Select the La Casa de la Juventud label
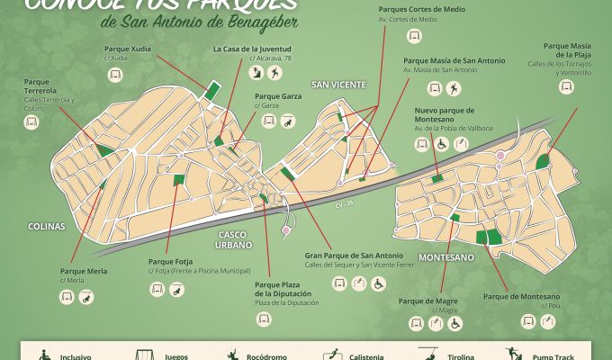(251, 48)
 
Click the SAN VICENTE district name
(338, 84)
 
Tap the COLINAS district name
(46, 227)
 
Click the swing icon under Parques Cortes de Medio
(415, 36)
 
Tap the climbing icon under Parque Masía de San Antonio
(454, 88)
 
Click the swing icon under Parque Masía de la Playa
(566, 86)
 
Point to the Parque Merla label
(84, 271)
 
